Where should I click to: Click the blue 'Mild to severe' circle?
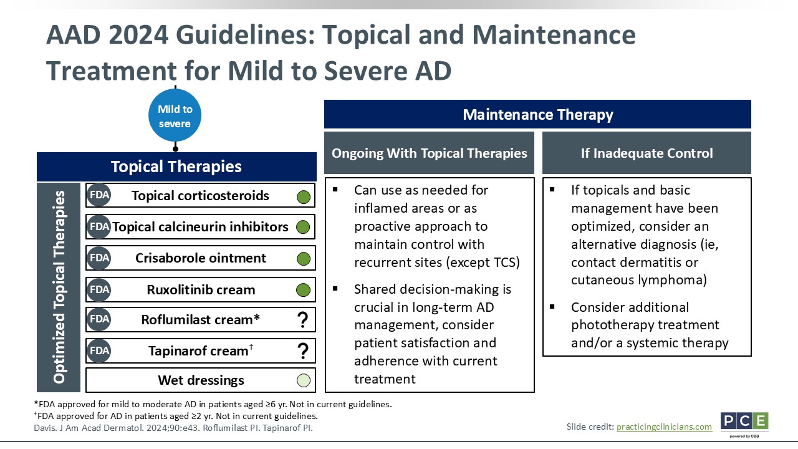pyautogui.click(x=175, y=115)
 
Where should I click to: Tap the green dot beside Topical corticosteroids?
pyautogui.click(x=304, y=196)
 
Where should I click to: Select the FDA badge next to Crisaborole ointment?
pyautogui.click(x=99, y=258)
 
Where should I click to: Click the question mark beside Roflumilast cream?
pyautogui.click(x=303, y=320)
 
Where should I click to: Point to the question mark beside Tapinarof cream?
pyautogui.click(x=303, y=351)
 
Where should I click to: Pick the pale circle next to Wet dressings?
pyautogui.click(x=304, y=380)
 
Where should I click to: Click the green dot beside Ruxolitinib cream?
pyautogui.click(x=303, y=290)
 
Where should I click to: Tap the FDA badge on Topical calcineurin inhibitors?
pyautogui.click(x=99, y=226)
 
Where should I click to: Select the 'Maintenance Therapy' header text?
pyautogui.click(x=538, y=115)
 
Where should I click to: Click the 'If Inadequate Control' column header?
pyautogui.click(x=647, y=153)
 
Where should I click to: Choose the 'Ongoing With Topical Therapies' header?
pyautogui.click(x=430, y=153)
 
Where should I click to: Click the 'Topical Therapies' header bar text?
pyautogui.click(x=176, y=167)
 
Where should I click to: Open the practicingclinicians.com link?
pyautogui.click(x=664, y=427)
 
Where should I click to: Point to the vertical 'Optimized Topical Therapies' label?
pyautogui.click(x=59, y=287)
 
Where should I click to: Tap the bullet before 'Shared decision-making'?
pyautogui.click(x=335, y=289)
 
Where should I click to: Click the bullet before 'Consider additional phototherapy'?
pyautogui.click(x=552, y=307)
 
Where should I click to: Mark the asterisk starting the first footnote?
pyautogui.click(x=36, y=403)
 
